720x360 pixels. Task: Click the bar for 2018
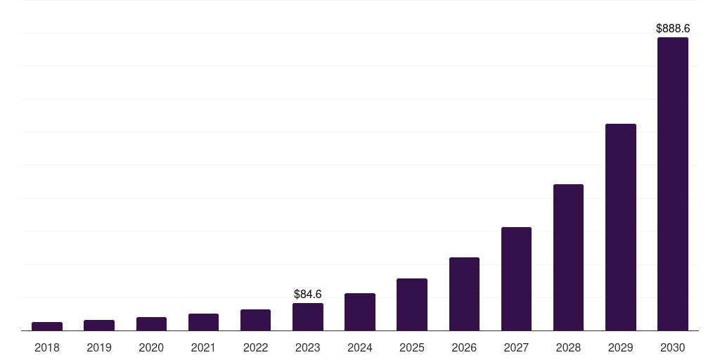[x=47, y=326]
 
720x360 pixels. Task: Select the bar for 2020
[x=151, y=324]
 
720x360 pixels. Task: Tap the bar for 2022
[x=255, y=320]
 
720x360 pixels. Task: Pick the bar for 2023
[x=308, y=317]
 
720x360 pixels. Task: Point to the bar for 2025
[x=412, y=304]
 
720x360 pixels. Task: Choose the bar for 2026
[x=464, y=294]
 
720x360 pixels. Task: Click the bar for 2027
[x=516, y=279]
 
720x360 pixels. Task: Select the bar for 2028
[x=568, y=257]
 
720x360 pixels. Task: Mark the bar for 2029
[x=620, y=227]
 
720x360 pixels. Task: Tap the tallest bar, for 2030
[x=673, y=184]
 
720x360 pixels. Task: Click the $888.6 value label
[x=673, y=29]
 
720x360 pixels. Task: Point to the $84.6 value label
[x=308, y=294]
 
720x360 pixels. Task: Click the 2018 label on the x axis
[x=47, y=347]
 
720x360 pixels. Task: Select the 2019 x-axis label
[x=99, y=347]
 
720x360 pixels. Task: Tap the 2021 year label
[x=203, y=347]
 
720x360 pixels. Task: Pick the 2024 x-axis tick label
[x=360, y=347]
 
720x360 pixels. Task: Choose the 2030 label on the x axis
[x=673, y=347]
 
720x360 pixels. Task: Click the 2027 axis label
[x=516, y=347]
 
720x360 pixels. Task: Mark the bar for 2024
[x=360, y=312]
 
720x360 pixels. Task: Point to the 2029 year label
[x=620, y=347]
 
